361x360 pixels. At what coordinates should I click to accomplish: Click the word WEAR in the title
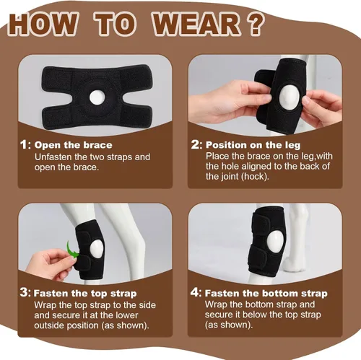click(196, 24)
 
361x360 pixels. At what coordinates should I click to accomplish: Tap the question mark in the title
click(255, 24)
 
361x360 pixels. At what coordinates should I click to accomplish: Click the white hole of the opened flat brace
click(97, 97)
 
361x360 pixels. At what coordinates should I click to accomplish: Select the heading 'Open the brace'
click(74, 145)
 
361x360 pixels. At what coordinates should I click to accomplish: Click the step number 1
click(24, 145)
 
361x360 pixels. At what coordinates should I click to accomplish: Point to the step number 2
click(196, 145)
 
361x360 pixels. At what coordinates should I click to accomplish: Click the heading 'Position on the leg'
click(253, 145)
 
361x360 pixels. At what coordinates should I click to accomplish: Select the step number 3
click(25, 293)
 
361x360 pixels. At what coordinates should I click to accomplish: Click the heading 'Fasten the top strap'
click(85, 294)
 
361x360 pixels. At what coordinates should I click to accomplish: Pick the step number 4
click(195, 292)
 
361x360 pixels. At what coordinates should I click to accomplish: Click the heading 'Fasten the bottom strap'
click(266, 294)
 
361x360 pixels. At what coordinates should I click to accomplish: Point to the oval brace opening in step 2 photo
click(288, 97)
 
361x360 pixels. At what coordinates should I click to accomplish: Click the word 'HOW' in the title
click(43, 24)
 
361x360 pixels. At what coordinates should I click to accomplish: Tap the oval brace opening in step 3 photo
click(97, 249)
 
